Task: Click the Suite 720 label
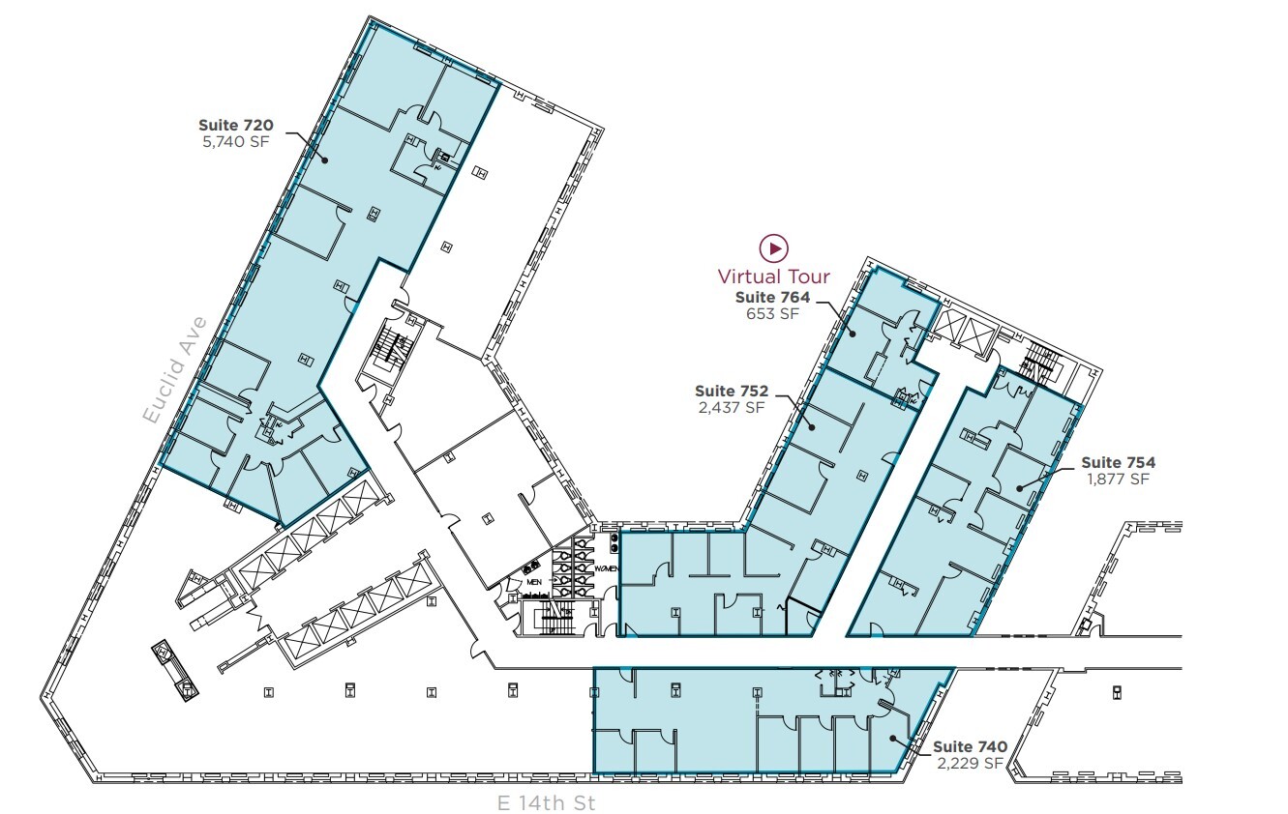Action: click(x=236, y=125)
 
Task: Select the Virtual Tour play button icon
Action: click(x=774, y=248)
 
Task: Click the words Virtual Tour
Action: click(x=774, y=276)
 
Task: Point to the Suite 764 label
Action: click(x=772, y=298)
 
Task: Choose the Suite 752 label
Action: click(x=731, y=392)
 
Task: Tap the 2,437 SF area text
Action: click(x=731, y=408)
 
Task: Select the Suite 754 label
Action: click(x=1118, y=463)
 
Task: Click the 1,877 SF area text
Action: click(x=1118, y=480)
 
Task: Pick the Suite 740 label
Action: click(x=970, y=747)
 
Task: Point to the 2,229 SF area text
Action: click(x=970, y=764)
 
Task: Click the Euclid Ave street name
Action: click(x=174, y=369)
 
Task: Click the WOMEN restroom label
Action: click(x=607, y=568)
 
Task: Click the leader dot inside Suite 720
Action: click(x=325, y=160)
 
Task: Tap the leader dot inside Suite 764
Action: click(x=853, y=334)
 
